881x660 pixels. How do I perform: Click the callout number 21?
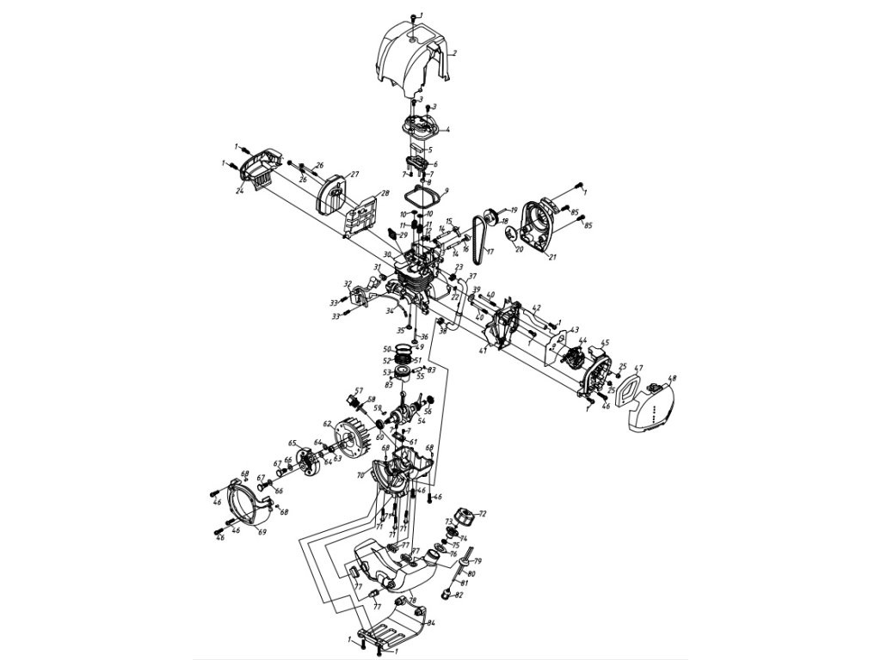pyautogui.click(x=552, y=257)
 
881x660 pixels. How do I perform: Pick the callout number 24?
pyautogui.click(x=240, y=192)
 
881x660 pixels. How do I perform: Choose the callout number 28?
pyautogui.click(x=385, y=193)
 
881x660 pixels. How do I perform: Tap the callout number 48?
pyautogui.click(x=673, y=378)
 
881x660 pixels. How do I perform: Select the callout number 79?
pyautogui.click(x=478, y=561)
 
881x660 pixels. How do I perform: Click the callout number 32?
pyautogui.click(x=347, y=283)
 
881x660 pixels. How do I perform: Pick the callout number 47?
pyautogui.click(x=638, y=370)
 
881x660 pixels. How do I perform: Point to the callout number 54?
pyautogui.click(x=422, y=421)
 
